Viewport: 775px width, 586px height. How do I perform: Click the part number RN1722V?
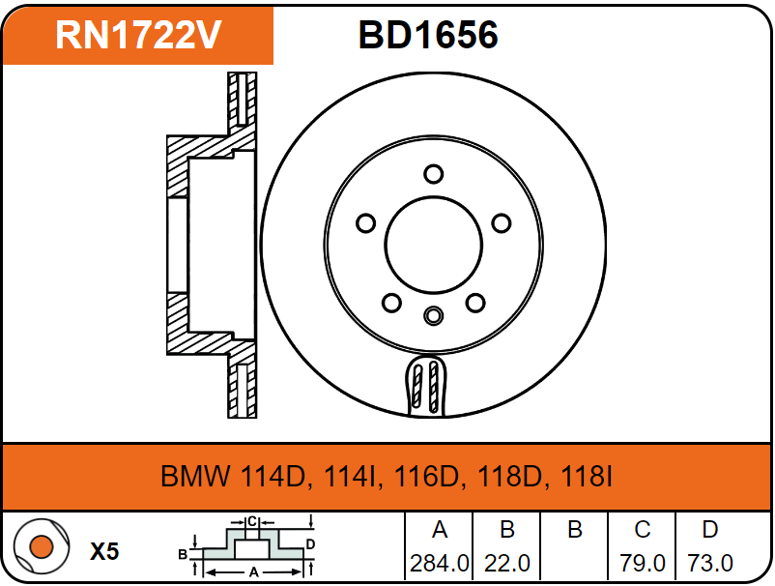138,35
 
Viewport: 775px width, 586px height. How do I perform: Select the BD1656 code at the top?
428,35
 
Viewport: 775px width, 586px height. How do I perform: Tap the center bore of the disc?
434,246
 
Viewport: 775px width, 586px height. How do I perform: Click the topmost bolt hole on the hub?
434,174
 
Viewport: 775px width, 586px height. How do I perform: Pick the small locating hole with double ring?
434,315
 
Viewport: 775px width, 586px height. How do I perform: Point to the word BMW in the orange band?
196,477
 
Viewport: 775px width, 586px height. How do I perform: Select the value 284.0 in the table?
440,563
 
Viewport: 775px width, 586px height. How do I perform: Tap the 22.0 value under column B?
507,563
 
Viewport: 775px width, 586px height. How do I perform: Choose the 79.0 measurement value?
643,563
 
